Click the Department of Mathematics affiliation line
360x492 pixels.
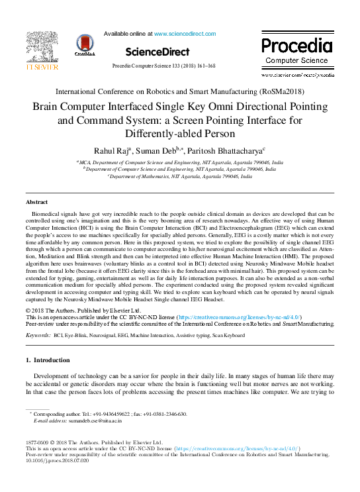180,177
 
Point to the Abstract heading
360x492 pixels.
36,201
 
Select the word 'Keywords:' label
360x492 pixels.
38,336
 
